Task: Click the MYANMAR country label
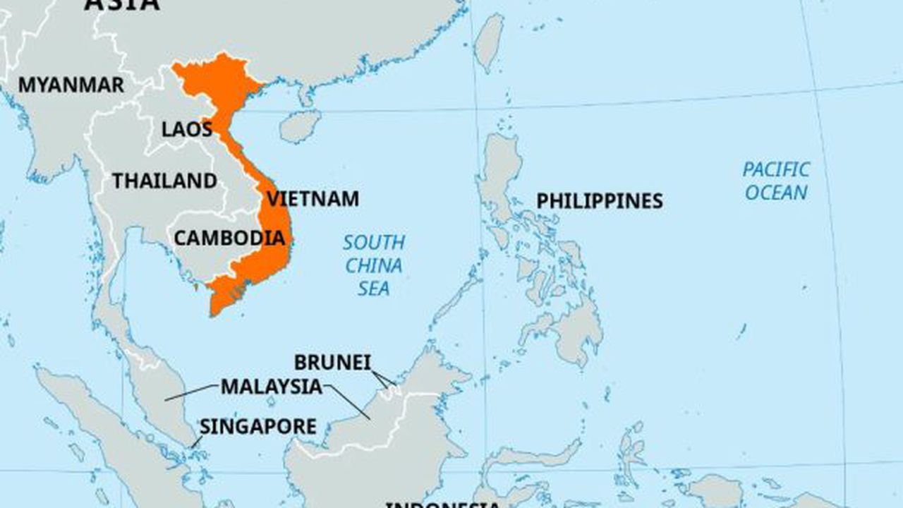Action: pos(71,85)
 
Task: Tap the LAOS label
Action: pos(187,129)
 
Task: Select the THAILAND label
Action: pos(165,181)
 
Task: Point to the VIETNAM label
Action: pos(313,199)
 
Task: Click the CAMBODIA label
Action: pos(229,238)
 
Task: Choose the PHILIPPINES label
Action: pos(599,201)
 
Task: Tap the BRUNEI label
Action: pos(332,363)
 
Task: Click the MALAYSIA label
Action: pos(271,387)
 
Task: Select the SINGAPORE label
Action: pos(257,427)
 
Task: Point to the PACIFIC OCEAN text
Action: pos(775,181)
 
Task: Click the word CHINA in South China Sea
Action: pos(374,266)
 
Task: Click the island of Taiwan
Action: pos(489,42)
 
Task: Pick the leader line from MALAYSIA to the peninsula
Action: pos(190,393)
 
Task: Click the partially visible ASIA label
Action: pos(122,4)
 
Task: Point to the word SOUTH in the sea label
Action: pos(374,243)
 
